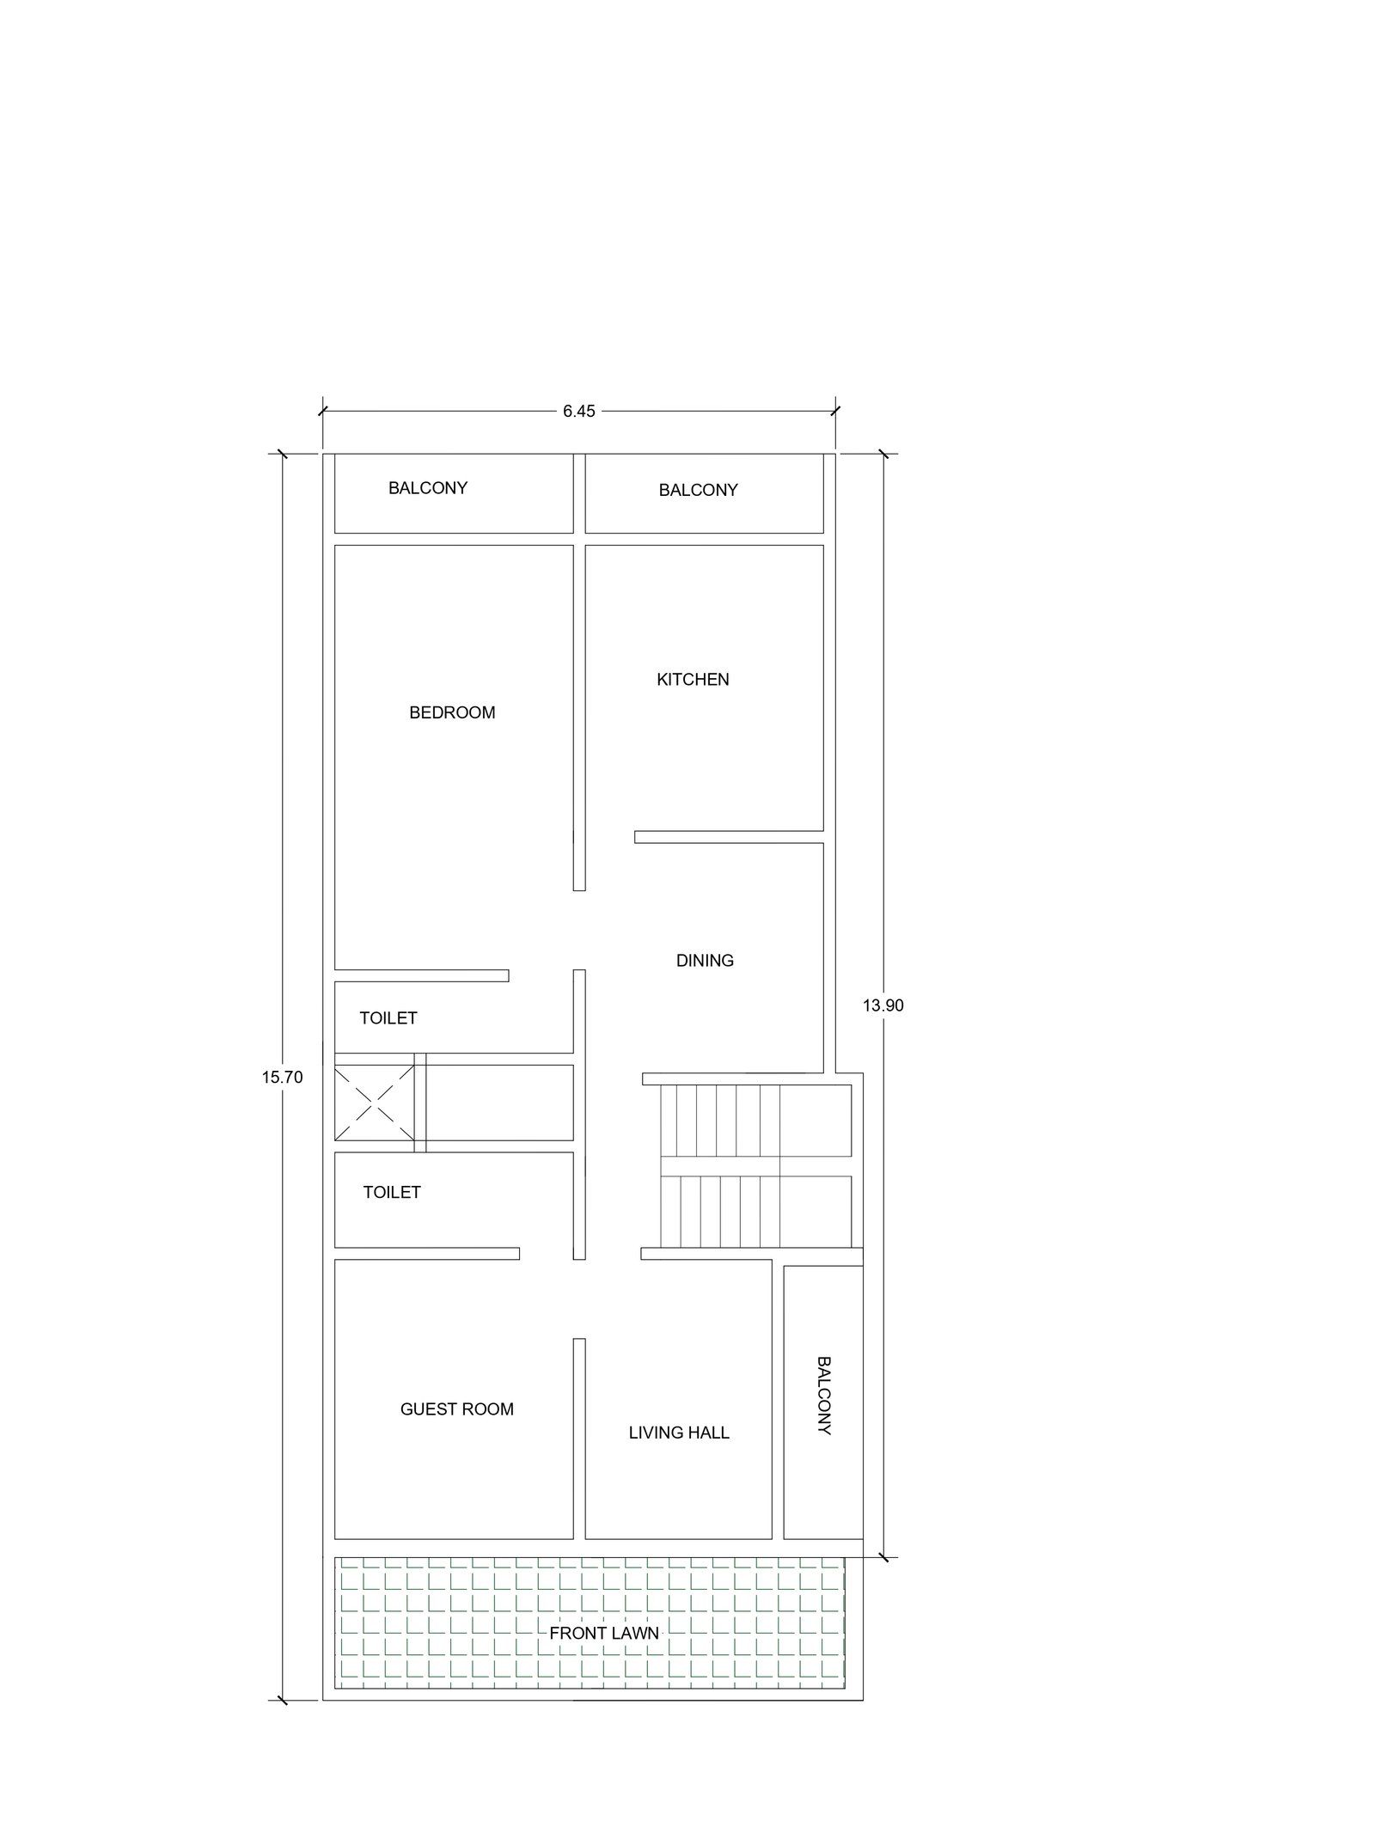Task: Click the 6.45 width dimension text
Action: [579, 411]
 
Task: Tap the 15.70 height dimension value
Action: [283, 1077]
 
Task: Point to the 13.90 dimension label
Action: [883, 1005]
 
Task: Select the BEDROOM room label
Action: [452, 712]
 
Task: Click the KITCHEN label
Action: [693, 679]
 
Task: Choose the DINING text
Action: [705, 960]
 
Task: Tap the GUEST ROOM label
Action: [457, 1408]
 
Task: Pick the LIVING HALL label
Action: [679, 1432]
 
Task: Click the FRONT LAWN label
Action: [604, 1633]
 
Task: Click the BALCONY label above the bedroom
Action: [428, 487]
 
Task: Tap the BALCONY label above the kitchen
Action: [699, 490]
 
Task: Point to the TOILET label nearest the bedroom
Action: [388, 1017]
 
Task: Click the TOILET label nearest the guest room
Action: [392, 1192]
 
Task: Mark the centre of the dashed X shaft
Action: [375, 1103]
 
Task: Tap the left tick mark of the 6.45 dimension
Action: [322, 411]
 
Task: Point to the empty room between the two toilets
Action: [499, 1103]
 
